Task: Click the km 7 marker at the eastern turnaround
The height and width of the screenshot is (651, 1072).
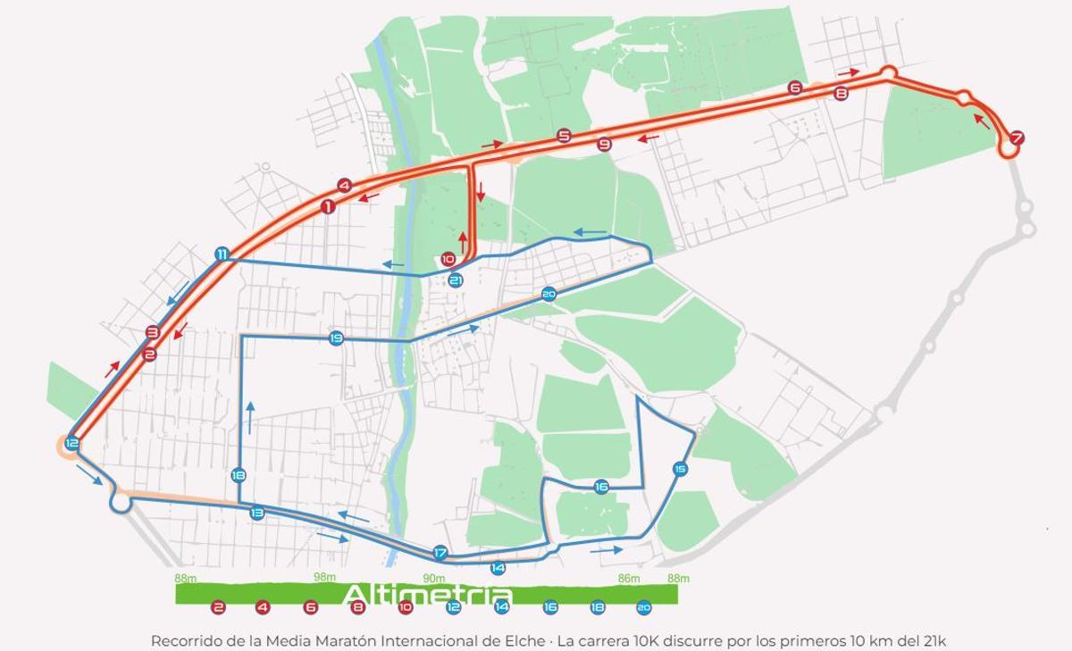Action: coord(1016,138)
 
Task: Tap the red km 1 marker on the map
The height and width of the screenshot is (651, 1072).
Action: coord(328,207)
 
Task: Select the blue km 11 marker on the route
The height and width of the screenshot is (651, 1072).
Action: coord(222,255)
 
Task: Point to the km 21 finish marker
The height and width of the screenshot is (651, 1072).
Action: coord(456,280)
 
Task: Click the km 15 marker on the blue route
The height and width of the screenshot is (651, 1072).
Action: coord(680,469)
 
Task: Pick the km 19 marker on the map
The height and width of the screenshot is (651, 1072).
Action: coord(336,338)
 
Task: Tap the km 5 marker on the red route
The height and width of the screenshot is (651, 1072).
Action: coord(564,136)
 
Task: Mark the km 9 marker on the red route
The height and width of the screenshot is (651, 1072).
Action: coord(605,145)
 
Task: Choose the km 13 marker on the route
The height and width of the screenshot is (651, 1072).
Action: coord(257,513)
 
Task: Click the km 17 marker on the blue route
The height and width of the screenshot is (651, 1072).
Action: coord(440,553)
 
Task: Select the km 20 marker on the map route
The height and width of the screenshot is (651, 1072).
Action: coord(549,294)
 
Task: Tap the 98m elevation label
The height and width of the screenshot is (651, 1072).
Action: coord(324,578)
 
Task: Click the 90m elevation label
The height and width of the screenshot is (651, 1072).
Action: coord(434,578)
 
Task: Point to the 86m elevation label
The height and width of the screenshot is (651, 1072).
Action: coord(629,578)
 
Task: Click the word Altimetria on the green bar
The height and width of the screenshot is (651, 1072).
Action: coord(427,596)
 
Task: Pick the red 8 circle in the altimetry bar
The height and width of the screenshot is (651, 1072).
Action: coord(358,607)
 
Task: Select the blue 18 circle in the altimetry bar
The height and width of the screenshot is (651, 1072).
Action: coord(597,607)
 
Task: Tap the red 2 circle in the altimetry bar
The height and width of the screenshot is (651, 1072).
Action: coord(218,607)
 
